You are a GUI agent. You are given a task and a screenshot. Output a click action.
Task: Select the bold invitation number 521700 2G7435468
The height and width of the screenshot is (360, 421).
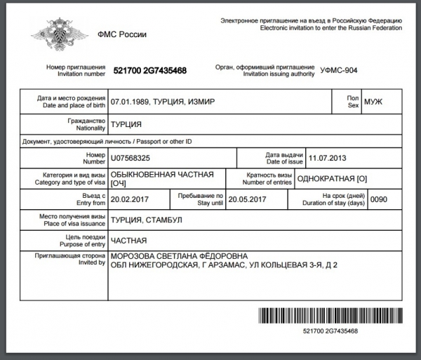[x=149, y=71]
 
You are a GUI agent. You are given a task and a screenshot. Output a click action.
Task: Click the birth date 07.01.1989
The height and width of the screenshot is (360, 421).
[x=130, y=102]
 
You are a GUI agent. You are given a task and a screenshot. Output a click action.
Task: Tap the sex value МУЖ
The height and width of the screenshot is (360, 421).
[x=373, y=102]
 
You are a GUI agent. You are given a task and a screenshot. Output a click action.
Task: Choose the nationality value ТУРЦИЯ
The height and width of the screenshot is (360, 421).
[x=126, y=124]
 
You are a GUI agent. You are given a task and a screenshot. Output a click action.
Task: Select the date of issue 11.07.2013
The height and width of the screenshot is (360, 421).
[x=328, y=158]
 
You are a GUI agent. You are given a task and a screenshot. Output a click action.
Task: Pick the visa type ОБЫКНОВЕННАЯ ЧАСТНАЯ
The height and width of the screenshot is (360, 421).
[x=159, y=174]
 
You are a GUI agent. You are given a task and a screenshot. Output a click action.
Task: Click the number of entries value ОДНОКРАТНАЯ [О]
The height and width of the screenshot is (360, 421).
[x=332, y=178]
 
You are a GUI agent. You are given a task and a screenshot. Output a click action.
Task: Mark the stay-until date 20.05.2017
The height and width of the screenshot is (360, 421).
[x=248, y=199]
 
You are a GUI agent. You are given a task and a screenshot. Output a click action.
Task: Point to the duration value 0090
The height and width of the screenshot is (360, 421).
[x=378, y=199]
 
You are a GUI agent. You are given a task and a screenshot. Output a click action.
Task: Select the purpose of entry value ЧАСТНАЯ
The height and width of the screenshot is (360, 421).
[x=128, y=240]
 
